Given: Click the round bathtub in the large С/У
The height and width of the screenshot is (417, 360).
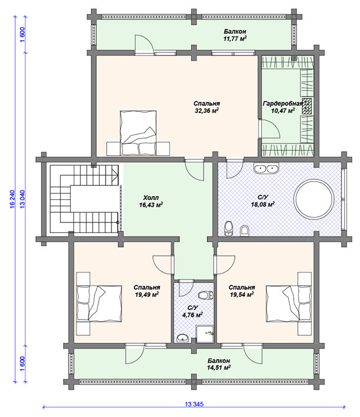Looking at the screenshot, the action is [x=314, y=199].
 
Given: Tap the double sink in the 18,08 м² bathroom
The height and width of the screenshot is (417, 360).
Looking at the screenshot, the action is [x=266, y=169].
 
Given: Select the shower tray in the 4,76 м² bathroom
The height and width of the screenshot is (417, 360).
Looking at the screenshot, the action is [x=205, y=334].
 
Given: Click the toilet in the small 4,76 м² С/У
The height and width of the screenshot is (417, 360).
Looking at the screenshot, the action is [x=206, y=295].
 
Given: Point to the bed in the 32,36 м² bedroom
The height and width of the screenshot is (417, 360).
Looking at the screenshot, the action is [x=138, y=133].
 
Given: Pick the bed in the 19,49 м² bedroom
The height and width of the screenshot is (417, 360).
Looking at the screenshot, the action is [x=99, y=303].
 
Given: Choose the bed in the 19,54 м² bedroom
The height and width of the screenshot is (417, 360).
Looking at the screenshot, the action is [x=289, y=303].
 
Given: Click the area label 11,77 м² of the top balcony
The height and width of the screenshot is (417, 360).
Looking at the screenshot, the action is [x=235, y=39].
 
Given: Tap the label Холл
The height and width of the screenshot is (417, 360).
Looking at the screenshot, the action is [x=151, y=198].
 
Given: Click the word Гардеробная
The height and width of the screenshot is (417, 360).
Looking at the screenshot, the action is [x=283, y=103].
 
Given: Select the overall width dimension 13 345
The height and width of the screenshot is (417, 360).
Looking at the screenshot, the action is [x=194, y=404].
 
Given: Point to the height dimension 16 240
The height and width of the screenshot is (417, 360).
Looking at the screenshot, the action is [x=12, y=199].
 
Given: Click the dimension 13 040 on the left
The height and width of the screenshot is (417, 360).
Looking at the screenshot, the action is [x=22, y=199].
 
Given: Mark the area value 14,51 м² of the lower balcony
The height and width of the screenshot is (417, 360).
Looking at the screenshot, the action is [x=219, y=368].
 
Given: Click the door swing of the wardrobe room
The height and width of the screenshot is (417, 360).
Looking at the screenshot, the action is [x=269, y=129].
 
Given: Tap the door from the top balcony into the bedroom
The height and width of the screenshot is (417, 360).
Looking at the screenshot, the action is [x=144, y=44].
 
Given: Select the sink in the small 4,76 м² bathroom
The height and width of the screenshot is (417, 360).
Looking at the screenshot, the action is [x=182, y=338].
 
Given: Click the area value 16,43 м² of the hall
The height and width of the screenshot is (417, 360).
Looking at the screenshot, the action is [x=151, y=205].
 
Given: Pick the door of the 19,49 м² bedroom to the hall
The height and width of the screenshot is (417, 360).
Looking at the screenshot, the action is [x=163, y=265].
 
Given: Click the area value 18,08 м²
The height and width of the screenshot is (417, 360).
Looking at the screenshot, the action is [x=263, y=204].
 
